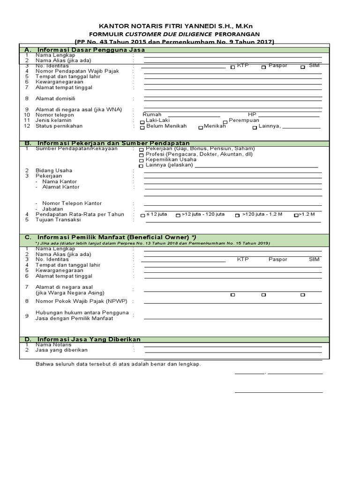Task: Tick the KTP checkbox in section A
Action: click(x=233, y=67)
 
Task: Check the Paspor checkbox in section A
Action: click(x=264, y=67)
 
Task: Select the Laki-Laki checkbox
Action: click(x=142, y=121)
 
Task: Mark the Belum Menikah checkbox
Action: click(x=142, y=127)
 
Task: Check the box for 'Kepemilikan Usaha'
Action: click(x=142, y=160)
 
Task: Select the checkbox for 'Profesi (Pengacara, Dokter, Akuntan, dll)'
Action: click(x=142, y=155)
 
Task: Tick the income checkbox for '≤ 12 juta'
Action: click(x=142, y=215)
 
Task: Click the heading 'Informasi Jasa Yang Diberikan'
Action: click(x=89, y=339)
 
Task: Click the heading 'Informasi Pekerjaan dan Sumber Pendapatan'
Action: click(x=113, y=143)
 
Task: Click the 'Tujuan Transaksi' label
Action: click(x=58, y=219)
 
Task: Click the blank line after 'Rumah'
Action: click(x=194, y=116)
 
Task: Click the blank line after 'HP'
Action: click(x=289, y=116)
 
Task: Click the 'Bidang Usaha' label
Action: click(x=54, y=170)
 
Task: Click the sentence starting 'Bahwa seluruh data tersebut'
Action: click(x=118, y=364)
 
